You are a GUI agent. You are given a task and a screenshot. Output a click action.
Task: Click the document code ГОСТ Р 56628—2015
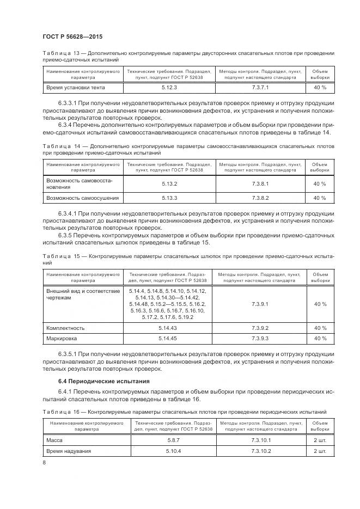point(72,36)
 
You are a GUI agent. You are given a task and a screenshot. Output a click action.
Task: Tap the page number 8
point(44,463)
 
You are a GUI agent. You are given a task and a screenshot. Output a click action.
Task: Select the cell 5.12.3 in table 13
point(169,87)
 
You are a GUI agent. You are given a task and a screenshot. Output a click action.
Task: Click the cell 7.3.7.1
point(260,87)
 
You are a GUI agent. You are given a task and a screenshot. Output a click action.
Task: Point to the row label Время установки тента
point(76,87)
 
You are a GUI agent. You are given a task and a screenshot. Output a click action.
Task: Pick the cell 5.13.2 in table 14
point(169,183)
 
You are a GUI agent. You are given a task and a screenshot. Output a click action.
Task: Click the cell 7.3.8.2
point(260,198)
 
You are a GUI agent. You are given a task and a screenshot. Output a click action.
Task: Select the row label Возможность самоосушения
point(83,198)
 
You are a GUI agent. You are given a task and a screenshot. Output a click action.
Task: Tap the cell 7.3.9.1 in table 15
point(260,304)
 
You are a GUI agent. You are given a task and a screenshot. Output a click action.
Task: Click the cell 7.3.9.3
point(260,339)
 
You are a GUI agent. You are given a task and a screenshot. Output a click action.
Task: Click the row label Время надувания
point(69,451)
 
